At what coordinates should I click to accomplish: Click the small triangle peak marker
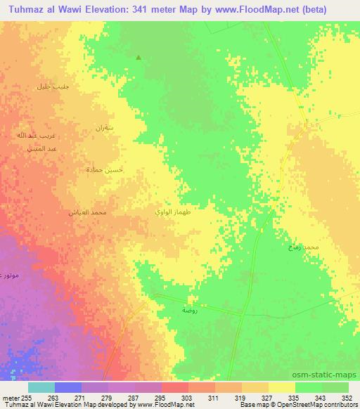point(139,58)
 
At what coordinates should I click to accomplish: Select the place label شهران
point(103,128)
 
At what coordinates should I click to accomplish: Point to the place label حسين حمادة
point(99,169)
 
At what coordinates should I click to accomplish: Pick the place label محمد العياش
point(88,212)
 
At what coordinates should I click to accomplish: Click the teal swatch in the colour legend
point(41,387)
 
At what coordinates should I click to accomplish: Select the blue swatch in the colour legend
point(68,387)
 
